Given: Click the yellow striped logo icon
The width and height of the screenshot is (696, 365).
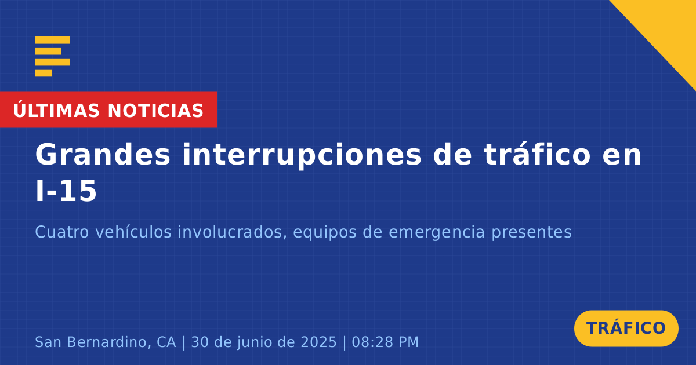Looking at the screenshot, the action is point(52,56).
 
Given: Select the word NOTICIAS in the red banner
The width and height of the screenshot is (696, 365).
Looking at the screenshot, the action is point(155,111).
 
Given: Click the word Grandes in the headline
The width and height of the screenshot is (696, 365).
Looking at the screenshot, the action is point(103,155).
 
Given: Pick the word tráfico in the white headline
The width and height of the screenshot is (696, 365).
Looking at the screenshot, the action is point(537,154).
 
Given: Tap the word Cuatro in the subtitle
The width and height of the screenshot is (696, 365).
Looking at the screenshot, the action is point(62,232).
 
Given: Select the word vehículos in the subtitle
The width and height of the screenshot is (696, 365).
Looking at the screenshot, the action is point(133,232).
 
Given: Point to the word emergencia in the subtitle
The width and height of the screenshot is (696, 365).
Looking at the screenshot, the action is point(437,233).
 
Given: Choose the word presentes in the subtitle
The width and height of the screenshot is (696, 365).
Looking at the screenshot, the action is point(531,233).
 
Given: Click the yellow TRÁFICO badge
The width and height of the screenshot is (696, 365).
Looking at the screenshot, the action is point(626,328).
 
